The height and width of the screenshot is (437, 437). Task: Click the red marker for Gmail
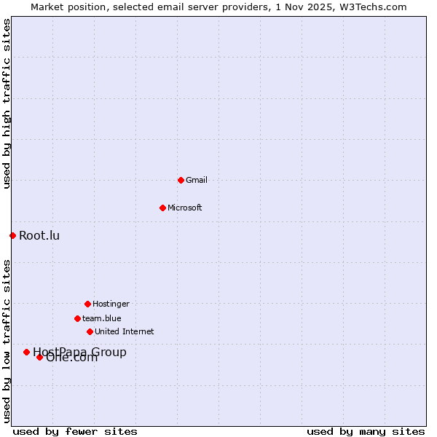pyautogui.click(x=181, y=180)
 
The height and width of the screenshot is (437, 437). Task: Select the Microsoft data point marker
pyautogui.click(x=162, y=208)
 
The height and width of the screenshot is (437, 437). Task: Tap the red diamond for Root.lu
pyautogui.click(x=12, y=235)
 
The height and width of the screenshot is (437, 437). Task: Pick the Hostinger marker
pyautogui.click(x=87, y=304)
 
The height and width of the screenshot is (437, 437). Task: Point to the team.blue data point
pyautogui.click(x=77, y=318)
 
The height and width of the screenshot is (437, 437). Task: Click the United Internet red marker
pyautogui.click(x=90, y=331)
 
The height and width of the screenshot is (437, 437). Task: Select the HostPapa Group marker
pyautogui.click(x=26, y=352)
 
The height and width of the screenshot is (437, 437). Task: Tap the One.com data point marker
pyautogui.click(x=39, y=357)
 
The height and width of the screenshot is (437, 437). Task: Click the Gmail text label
pyautogui.click(x=197, y=180)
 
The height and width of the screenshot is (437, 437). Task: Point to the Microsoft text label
pyautogui.click(x=185, y=208)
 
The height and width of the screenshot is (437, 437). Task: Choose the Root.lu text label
pyautogui.click(x=39, y=235)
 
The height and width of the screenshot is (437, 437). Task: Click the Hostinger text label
pyautogui.click(x=111, y=304)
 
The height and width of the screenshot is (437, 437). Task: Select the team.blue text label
pyautogui.click(x=102, y=318)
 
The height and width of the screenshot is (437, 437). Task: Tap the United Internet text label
pyautogui.click(x=125, y=331)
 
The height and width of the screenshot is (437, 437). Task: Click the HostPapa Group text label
pyautogui.click(x=79, y=352)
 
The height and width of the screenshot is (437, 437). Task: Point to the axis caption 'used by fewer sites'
pyautogui.click(x=75, y=431)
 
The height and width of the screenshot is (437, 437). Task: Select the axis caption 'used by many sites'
pyautogui.click(x=366, y=431)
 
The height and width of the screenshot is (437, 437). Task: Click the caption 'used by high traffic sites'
pyautogui.click(x=7, y=103)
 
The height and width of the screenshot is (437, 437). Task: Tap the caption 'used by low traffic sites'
pyautogui.click(x=7, y=340)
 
